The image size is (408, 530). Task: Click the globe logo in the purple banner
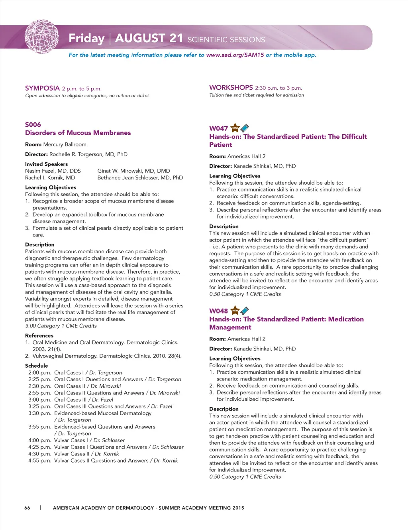41,37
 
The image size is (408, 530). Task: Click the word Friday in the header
86,38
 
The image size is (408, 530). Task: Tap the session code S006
33,124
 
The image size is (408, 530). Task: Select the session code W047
218,128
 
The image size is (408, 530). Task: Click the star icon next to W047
235,128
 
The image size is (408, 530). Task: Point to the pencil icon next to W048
245,310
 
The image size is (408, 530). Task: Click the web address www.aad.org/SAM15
235,55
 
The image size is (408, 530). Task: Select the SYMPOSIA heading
42,88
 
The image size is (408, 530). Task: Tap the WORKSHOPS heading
231,87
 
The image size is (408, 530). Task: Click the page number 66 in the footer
27,508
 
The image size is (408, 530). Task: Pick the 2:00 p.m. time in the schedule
39,372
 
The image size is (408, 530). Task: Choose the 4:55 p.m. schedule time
39,461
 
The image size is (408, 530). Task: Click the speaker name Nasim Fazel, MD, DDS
53,171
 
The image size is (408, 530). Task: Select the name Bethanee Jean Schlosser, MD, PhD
140,177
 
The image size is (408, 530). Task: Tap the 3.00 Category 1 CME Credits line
61,326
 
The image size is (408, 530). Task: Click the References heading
39,336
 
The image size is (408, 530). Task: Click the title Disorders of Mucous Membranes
78,133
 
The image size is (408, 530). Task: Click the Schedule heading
36,366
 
